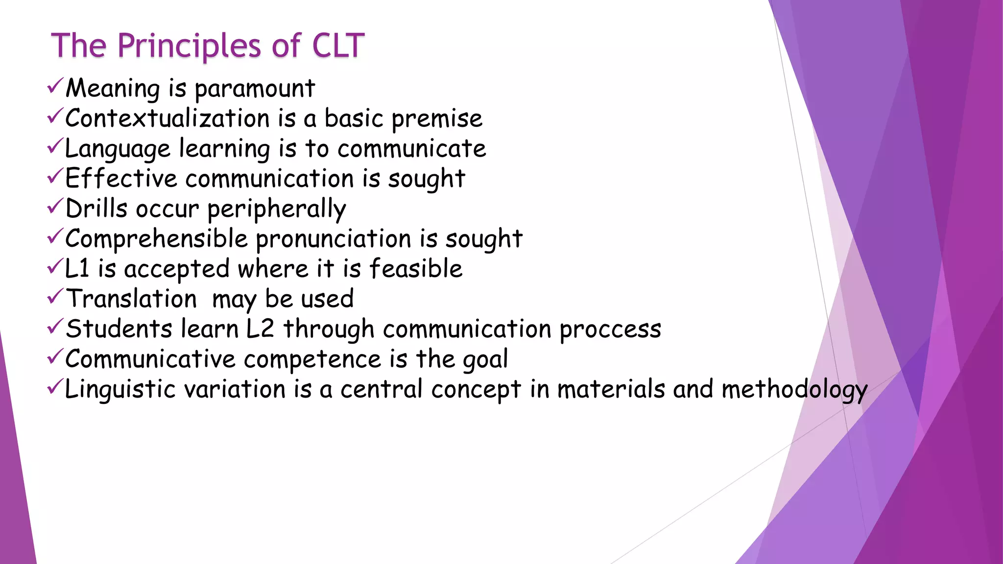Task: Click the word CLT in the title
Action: pyautogui.click(x=338, y=46)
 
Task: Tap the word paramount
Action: pyautogui.click(x=255, y=89)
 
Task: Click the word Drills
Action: pyautogui.click(x=96, y=209)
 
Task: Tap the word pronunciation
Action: pyautogui.click(x=334, y=239)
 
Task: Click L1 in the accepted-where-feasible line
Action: pyautogui.click(x=77, y=269)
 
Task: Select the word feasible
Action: pyautogui.click(x=416, y=269)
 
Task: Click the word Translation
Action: pyautogui.click(x=131, y=299)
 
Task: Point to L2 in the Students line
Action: pyautogui.click(x=260, y=329)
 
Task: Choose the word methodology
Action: pyautogui.click(x=794, y=390)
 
